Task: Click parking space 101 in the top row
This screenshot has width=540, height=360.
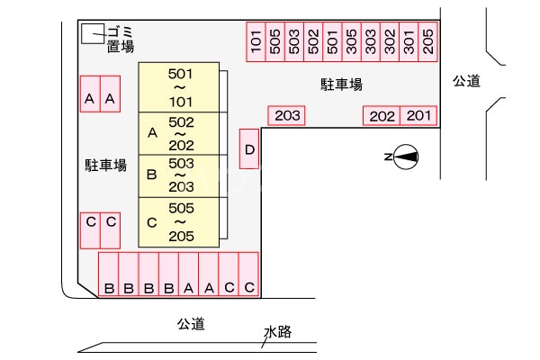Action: coord(256,41)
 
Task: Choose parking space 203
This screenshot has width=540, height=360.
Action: coord(287,115)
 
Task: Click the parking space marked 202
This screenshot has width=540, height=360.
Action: coord(382,115)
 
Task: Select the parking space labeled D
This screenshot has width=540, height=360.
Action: coord(249,148)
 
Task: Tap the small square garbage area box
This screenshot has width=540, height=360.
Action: coord(91,34)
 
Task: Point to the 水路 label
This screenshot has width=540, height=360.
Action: coord(277,332)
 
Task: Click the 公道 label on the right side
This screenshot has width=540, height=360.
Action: coord(466,81)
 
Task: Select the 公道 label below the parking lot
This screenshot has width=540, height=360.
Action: coord(191,323)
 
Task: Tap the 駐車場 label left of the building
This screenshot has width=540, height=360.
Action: coord(105,165)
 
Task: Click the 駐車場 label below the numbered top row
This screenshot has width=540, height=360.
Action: coord(342,85)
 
